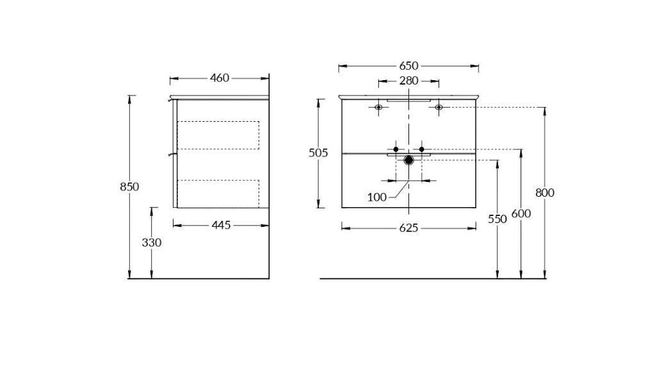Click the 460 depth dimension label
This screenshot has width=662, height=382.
tap(220, 78)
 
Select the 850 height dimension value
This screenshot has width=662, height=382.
tap(129, 187)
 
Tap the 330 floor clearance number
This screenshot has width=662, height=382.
tap(152, 243)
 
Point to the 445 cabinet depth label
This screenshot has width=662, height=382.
tap(222, 225)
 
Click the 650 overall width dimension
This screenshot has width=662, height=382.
tap(408, 66)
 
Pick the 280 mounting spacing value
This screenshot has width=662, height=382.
tap(408, 81)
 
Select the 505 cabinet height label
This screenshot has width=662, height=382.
tap(318, 153)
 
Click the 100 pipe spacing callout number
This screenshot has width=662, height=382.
tap(377, 197)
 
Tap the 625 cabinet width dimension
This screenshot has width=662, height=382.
tap(408, 228)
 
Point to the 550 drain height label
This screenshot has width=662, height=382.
tap(497, 219)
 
